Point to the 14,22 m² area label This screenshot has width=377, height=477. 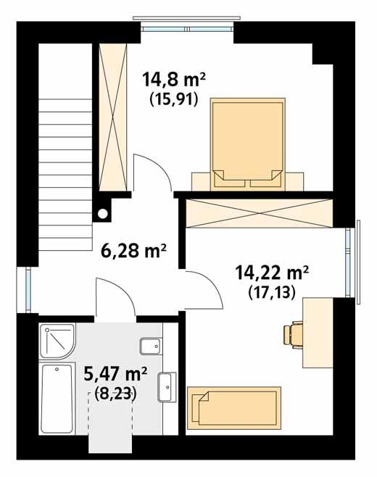272,273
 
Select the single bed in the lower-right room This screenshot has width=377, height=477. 233,405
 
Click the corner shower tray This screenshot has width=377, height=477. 56,341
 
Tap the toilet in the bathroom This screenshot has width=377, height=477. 149,347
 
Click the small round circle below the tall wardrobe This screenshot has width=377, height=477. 103,213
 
